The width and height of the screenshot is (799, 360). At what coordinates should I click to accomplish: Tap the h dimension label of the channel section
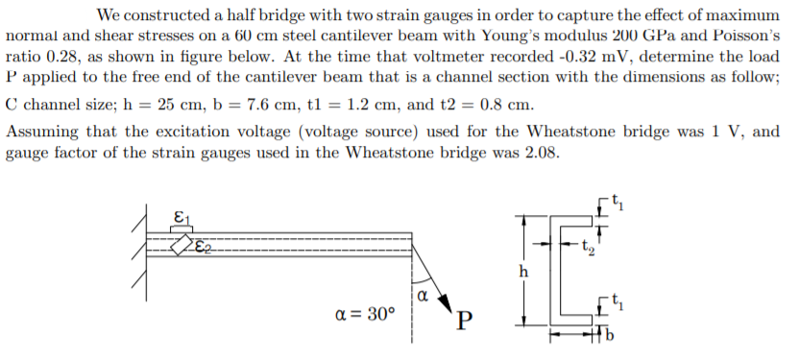tap(522, 272)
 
